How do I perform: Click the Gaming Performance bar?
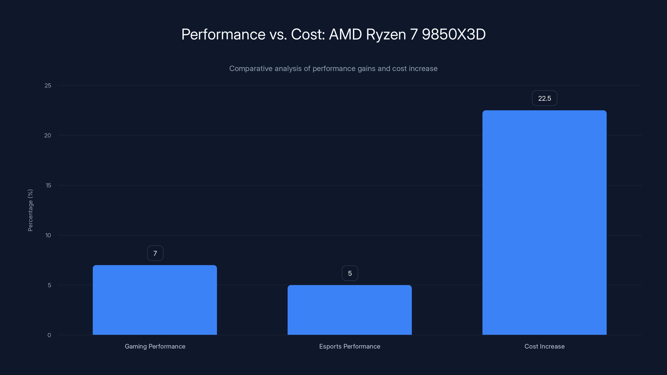click(x=155, y=300)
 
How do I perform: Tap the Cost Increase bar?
click(x=544, y=222)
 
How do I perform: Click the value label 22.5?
click(x=544, y=98)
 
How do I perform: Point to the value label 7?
click(x=155, y=253)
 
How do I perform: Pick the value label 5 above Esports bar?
click(x=350, y=273)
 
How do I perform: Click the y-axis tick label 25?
click(x=48, y=85)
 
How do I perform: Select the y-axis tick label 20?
click(x=48, y=135)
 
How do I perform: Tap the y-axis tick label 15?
click(x=48, y=185)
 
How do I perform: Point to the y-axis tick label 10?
click(x=48, y=235)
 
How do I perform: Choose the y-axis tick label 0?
click(x=49, y=335)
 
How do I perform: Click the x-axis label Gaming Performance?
click(x=155, y=346)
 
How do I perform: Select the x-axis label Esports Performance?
click(x=350, y=346)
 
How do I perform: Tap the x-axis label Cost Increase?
click(x=544, y=346)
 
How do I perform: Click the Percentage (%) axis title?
click(x=30, y=210)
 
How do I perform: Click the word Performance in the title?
click(x=223, y=34)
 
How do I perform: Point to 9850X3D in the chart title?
click(x=454, y=34)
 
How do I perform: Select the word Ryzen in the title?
click(x=386, y=34)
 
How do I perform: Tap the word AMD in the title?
click(x=345, y=34)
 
